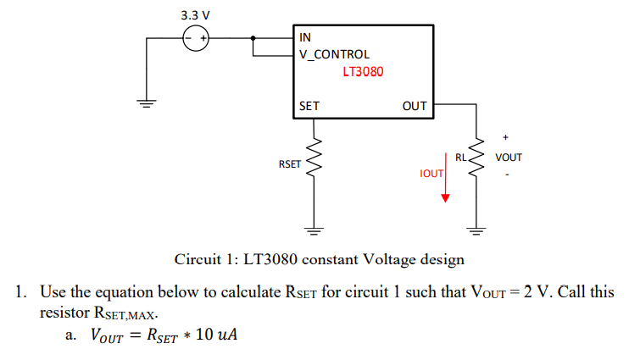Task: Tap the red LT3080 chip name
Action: coord(363,72)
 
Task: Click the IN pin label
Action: coord(305,37)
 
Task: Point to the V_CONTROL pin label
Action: coord(334,54)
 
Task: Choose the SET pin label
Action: coord(309,107)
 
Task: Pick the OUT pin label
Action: coord(415,107)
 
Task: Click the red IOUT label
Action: coord(431,173)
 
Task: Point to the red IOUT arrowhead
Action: coord(445,198)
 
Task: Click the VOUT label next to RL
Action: coord(509,158)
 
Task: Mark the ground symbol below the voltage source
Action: coord(148,104)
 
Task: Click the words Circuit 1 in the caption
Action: coord(205,258)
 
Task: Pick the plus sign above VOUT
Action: coord(506,136)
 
